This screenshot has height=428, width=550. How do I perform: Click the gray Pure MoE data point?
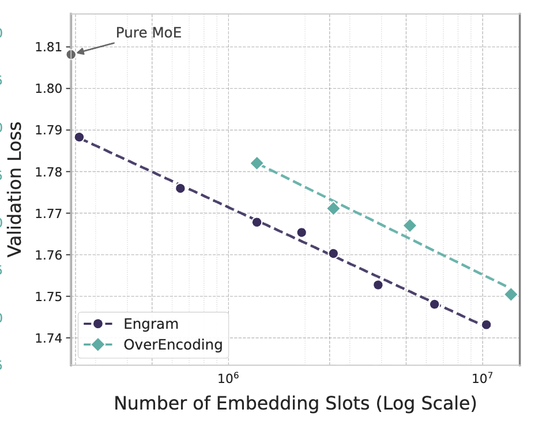click(x=71, y=54)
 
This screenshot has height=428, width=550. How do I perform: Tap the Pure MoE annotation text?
click(x=149, y=33)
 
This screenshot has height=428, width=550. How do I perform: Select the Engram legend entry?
click(x=151, y=324)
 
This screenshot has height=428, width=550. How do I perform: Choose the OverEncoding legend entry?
click(x=173, y=345)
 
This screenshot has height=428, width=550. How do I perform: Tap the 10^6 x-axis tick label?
click(x=228, y=378)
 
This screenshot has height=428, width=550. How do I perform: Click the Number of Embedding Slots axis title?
click(x=295, y=404)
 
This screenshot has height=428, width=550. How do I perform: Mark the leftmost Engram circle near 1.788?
click(x=79, y=137)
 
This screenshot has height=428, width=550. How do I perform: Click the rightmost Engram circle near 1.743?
click(x=486, y=325)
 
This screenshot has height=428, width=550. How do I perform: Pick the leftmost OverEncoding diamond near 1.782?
click(x=257, y=163)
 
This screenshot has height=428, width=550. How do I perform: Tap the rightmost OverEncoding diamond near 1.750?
click(x=511, y=295)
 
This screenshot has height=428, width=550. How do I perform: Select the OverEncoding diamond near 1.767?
click(x=410, y=226)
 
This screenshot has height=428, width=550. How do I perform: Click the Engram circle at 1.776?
click(x=180, y=188)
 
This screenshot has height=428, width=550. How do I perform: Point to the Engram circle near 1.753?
click(x=378, y=285)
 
